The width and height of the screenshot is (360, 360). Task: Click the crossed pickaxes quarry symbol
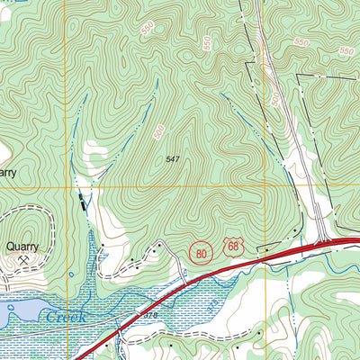click(x=22, y=260)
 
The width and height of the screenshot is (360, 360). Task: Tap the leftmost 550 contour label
click(x=146, y=31)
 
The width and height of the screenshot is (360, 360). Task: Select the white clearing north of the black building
click(x=95, y=148)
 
